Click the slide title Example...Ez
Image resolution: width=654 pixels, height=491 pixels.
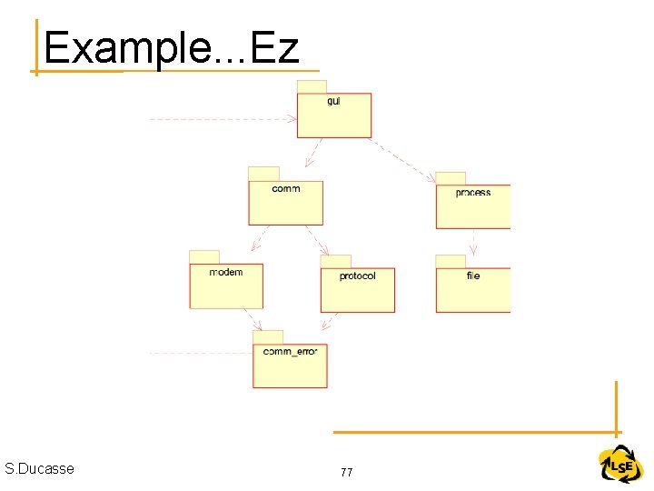tap(171, 47)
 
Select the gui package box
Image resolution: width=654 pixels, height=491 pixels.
tap(334, 115)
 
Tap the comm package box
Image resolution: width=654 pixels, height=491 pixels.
tap(285, 203)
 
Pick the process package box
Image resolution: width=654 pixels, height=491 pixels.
tap(472, 206)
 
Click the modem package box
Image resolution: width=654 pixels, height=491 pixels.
tap(226, 286)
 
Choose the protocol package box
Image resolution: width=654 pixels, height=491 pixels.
tap(357, 290)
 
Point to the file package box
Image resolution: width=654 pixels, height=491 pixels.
tap(472, 290)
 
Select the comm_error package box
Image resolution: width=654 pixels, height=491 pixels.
tap(290, 366)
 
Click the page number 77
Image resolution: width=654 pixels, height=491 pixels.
tap(346, 472)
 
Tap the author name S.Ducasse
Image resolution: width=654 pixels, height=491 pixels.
tap(39, 468)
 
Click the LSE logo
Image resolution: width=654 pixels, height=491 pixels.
tap(620, 466)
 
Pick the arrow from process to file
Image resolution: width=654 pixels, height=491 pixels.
tap(472, 241)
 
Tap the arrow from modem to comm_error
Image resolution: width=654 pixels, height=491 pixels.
tap(252, 319)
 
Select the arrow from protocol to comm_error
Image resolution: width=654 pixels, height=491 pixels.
tap(331, 321)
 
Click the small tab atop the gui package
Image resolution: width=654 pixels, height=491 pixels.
tap(312, 86)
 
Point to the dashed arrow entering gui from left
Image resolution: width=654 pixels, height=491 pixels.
tap(223, 119)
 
